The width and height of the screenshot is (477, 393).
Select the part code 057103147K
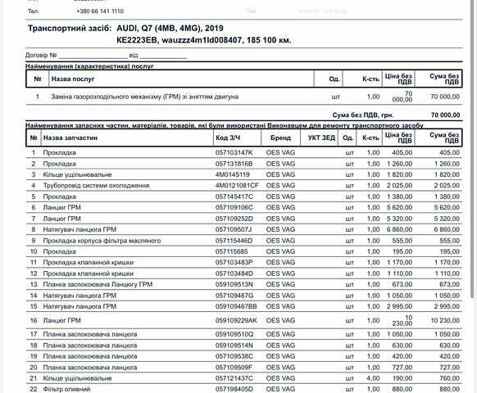[234, 152]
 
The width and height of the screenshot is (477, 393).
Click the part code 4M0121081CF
[237, 186]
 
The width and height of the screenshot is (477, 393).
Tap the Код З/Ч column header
[229, 138]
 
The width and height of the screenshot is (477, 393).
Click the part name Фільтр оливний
[65, 389]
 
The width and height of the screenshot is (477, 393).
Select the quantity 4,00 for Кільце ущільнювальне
[373, 378]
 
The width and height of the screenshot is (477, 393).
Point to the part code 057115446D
[234, 241]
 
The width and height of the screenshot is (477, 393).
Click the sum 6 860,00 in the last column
[447, 230]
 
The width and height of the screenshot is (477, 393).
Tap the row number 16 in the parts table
[34, 319]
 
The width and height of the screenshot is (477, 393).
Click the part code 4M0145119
[233, 174]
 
